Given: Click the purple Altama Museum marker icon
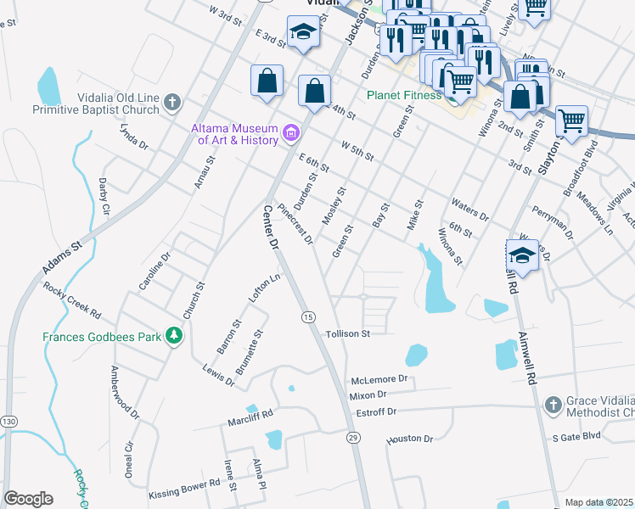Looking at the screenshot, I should click(291, 132).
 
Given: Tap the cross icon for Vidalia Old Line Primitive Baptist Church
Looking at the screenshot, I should click(172, 103).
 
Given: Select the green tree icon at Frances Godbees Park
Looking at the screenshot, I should click(174, 337).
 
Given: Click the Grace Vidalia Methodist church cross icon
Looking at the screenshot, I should click(553, 405).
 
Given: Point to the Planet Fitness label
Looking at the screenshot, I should click(404, 95).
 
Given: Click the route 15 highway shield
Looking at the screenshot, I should click(307, 316).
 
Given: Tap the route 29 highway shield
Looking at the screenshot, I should click(353, 437).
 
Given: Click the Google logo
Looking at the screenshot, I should click(28, 499).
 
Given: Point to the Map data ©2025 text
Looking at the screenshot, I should click(598, 502).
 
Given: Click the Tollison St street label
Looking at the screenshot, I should click(348, 334).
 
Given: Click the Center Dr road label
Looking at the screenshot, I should click(271, 227).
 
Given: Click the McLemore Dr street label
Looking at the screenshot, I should click(379, 379).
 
